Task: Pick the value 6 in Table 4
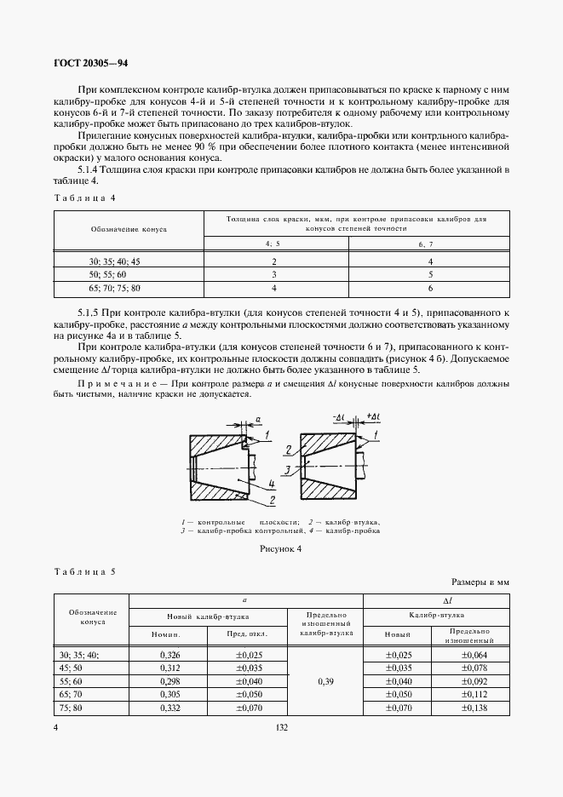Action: point(431,290)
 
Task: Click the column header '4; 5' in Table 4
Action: point(274,244)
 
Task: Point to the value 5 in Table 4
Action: point(431,276)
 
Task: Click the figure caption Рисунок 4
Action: point(281,549)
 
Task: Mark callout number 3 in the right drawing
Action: point(290,469)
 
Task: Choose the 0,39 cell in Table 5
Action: point(325,682)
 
